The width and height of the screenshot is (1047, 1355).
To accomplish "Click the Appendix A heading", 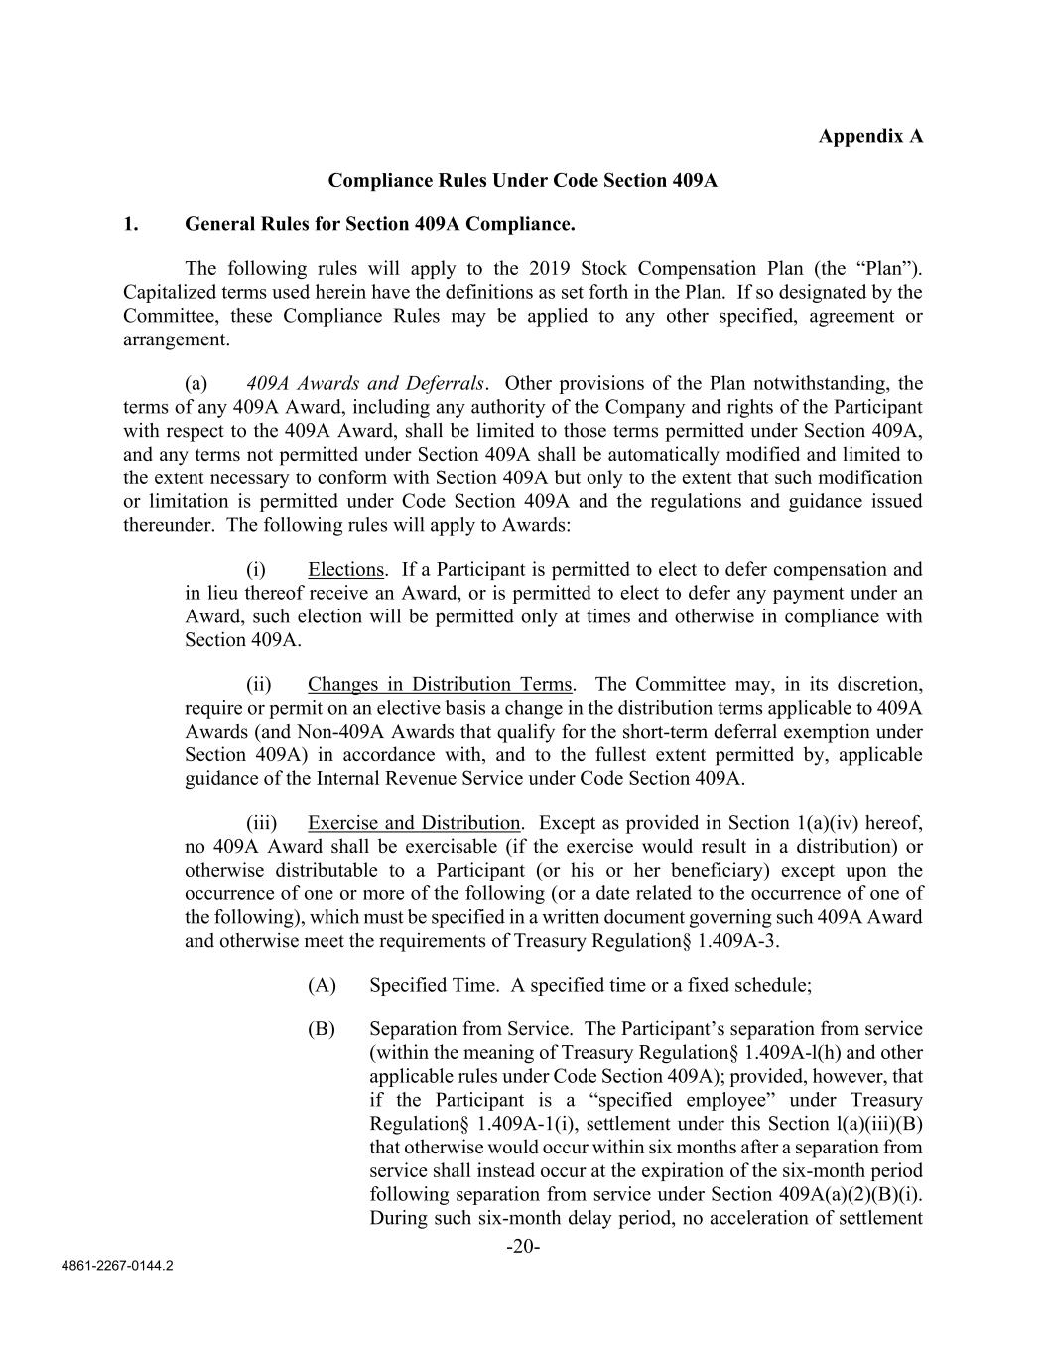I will pos(870,136).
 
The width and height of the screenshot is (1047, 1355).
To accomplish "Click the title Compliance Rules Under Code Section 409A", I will pos(522,181).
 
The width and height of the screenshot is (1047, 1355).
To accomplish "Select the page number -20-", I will pos(523,1247).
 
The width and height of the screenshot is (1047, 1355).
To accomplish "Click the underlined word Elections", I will pos(345,570).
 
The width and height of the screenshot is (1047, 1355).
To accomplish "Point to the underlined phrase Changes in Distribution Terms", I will pos(440,685).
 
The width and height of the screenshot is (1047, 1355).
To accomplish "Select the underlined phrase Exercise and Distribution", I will pos(414,823).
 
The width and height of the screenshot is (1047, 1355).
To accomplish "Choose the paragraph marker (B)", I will pos(322,1029).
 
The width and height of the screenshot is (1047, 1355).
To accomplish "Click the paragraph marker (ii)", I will pos(259,685).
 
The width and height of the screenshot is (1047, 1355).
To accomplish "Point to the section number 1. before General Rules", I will pos(130,224).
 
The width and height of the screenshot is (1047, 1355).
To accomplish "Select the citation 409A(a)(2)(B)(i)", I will pos(846,1194).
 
